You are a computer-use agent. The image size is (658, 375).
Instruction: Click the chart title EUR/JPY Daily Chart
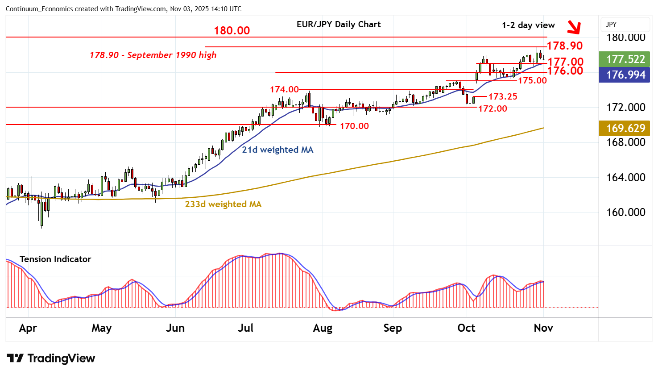tap(339, 25)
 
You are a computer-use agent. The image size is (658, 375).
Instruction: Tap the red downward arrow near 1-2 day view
tap(574, 28)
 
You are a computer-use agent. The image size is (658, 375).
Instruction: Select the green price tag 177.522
tap(625, 59)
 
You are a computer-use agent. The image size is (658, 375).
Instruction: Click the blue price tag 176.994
tap(625, 75)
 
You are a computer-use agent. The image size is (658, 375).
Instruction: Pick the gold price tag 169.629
tap(625, 128)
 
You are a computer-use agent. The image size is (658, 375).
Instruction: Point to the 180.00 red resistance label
tap(232, 31)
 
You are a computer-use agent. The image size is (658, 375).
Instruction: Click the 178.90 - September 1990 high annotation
tap(153, 55)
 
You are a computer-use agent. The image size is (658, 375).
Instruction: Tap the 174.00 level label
tap(284, 90)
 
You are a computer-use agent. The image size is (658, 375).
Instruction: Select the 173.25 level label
tap(503, 96)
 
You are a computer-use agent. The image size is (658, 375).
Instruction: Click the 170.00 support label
tap(354, 126)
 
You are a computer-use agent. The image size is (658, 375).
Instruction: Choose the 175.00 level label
tap(532, 80)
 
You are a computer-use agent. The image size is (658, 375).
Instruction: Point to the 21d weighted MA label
tap(277, 150)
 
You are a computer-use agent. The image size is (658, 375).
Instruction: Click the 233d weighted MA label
tap(223, 204)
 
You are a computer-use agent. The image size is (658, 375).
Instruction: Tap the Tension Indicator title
tap(55, 259)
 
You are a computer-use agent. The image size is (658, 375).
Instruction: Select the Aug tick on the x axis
tap(323, 328)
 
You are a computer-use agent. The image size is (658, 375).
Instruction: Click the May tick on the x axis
tap(101, 328)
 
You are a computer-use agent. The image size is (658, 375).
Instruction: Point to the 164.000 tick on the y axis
tap(625, 177)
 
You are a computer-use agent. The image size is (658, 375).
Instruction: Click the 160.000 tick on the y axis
tap(625, 212)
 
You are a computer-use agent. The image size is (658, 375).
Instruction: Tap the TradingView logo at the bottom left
tap(51, 358)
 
